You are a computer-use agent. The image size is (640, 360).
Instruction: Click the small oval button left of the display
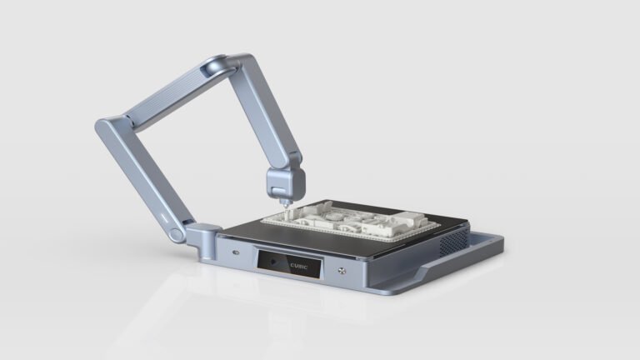tap(236, 252)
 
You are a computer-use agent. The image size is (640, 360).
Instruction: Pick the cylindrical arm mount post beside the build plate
tap(207, 240)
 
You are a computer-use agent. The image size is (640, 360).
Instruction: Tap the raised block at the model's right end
tap(408, 220)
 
